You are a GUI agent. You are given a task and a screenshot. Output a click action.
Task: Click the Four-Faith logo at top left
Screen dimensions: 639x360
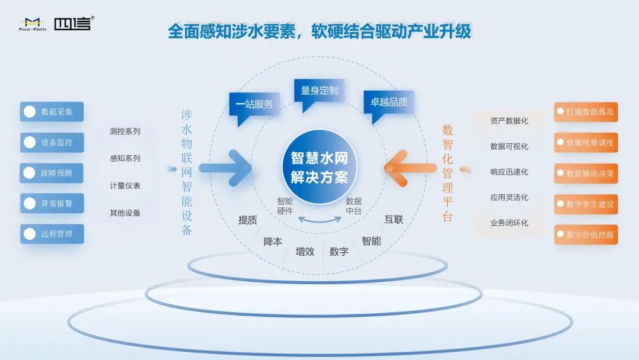pyautogui.click(x=33, y=24)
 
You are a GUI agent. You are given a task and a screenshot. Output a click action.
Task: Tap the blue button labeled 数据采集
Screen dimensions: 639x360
pyautogui.click(x=51, y=112)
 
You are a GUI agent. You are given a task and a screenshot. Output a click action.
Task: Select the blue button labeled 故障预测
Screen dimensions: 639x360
pyautogui.click(x=51, y=173)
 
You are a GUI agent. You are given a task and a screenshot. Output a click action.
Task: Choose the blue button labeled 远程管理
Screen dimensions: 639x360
pyautogui.click(x=51, y=234)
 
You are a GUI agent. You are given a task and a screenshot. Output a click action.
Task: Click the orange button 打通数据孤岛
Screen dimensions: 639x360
pyautogui.click(x=586, y=112)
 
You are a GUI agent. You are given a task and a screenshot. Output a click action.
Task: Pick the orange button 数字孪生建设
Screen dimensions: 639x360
pyautogui.click(x=586, y=204)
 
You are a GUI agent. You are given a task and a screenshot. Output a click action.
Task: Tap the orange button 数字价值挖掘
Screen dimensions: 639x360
pyautogui.click(x=586, y=235)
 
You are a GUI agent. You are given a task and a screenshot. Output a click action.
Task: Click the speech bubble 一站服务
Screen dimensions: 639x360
pyautogui.click(x=254, y=108)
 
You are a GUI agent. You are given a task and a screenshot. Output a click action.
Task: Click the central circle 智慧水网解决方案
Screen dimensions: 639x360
pyautogui.click(x=319, y=167)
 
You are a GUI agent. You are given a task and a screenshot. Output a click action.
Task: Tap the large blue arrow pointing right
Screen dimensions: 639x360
pyautogui.click(x=225, y=168)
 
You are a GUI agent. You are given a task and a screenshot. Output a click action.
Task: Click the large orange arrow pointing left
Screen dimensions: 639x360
pyautogui.click(x=411, y=168)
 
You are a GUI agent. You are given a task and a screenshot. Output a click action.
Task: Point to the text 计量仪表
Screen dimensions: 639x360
pyautogui.click(x=125, y=186)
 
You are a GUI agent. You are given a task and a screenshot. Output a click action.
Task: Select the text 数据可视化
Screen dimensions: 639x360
pyautogui.click(x=509, y=146)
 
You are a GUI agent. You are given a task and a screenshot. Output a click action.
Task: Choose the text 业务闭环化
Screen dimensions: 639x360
pyautogui.click(x=509, y=223)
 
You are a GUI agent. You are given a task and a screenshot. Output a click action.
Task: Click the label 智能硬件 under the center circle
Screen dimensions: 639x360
pyautogui.click(x=285, y=206)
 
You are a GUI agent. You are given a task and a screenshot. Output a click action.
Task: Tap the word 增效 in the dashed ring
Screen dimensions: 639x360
pyautogui.click(x=305, y=252)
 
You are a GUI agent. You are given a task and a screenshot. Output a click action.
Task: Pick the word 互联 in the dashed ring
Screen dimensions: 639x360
pyautogui.click(x=393, y=220)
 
